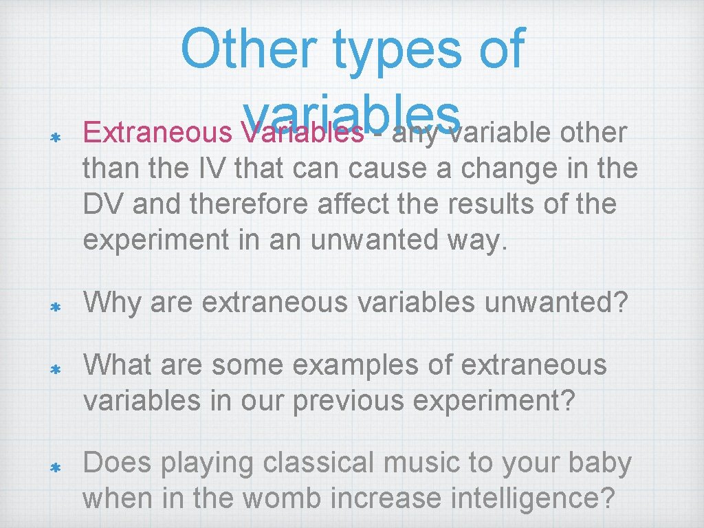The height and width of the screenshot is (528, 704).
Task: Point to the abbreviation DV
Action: (x=104, y=204)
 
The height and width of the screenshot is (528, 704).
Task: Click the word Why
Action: (x=111, y=303)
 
